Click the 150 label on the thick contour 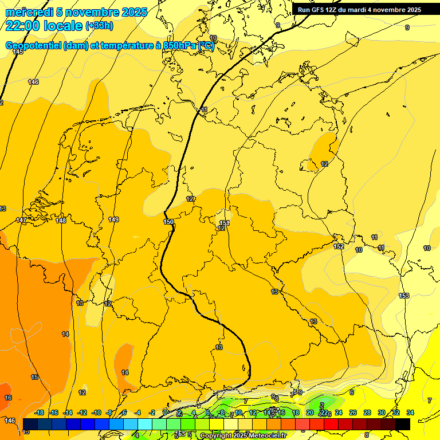pos(168,222)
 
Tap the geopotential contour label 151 pos(225,223)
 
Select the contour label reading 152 pos(339,246)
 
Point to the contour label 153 pos(404,296)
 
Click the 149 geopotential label pos(113,219)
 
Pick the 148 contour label pos(61,221)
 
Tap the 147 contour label pos(21,221)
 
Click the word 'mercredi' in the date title pos(29,12)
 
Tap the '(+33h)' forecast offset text pos(99,26)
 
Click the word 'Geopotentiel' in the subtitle pos(33,46)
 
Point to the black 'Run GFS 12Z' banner pos(359,10)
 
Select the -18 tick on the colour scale pos(40,412)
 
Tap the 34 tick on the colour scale pos(410,412)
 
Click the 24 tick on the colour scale pos(338,412)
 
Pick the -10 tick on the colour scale pos(96,412)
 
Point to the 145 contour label pos(18,52)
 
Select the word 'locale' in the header pos(65,25)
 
